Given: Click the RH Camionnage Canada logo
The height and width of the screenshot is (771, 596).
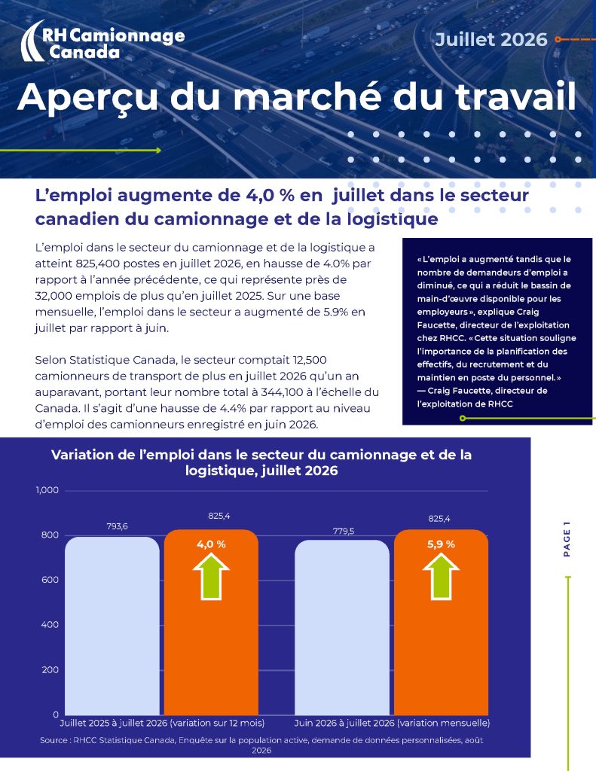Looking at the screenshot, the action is [103, 41].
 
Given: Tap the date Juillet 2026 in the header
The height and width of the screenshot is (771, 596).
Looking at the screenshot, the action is [491, 39].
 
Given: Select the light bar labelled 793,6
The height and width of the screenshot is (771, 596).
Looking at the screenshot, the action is [112, 626].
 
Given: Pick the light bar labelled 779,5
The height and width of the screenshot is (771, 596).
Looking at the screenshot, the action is [342, 627].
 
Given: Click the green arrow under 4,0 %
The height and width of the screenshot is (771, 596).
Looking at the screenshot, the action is [211, 576].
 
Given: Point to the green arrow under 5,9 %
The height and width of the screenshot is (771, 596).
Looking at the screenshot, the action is [441, 576].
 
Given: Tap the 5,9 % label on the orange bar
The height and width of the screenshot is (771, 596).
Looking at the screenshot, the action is [441, 544].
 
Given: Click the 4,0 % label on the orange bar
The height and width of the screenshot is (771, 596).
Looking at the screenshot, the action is [211, 544].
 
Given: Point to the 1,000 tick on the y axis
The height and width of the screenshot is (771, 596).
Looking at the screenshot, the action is [47, 490].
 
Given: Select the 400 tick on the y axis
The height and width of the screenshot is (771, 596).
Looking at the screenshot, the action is [50, 625].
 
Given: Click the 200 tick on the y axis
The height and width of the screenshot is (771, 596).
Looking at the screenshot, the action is [50, 669].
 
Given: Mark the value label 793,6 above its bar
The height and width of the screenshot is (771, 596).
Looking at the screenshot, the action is [117, 526].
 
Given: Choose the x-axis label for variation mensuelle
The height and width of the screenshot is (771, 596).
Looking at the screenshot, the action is [392, 723].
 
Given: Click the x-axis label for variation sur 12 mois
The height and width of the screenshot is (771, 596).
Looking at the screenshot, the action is [162, 723].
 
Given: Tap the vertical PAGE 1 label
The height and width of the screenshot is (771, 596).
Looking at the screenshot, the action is [567, 539].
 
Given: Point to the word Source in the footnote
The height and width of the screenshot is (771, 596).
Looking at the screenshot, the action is [53, 740].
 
